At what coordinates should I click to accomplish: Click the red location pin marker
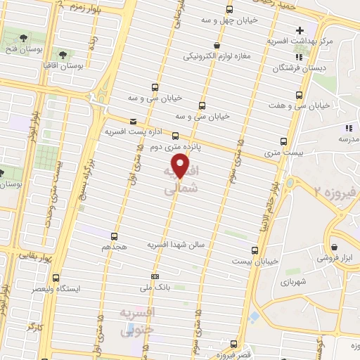coord(181,167)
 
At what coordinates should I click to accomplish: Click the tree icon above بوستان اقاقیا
coord(63,53)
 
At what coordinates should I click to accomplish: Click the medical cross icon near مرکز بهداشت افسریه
coord(300,30)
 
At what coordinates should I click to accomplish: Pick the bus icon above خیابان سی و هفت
coord(300,95)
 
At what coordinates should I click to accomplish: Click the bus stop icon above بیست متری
coord(283,141)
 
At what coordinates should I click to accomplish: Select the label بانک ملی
coord(155,288)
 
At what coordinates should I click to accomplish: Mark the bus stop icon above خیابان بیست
coord(255,249)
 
